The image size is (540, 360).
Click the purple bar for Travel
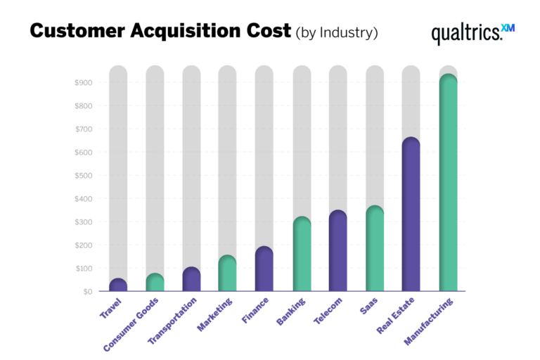118,285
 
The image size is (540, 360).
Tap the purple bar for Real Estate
411,214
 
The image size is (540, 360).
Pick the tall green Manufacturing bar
448,183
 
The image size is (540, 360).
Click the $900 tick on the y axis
83,83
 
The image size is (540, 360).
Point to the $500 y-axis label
83,176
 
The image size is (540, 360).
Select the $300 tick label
83,222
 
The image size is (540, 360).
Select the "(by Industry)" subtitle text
336,32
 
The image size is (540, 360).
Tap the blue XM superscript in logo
508,27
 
